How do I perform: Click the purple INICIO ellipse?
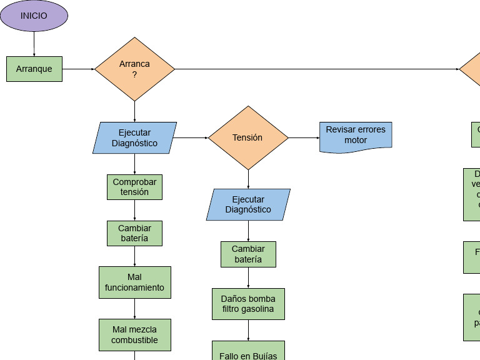pyautogui.click(x=34, y=16)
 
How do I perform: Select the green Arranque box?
pyautogui.click(x=34, y=69)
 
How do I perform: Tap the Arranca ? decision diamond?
pyautogui.click(x=134, y=69)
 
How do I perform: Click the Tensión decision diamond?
pyautogui.click(x=248, y=137)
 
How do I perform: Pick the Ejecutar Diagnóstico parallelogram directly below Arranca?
pyautogui.click(x=134, y=137)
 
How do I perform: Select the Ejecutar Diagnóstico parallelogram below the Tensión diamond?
pyautogui.click(x=248, y=204)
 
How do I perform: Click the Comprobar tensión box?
pyautogui.click(x=134, y=187)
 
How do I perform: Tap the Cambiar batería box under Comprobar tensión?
pyautogui.click(x=134, y=233)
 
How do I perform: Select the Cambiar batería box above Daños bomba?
pyautogui.click(x=248, y=254)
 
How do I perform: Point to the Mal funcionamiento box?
pyautogui.click(x=134, y=282)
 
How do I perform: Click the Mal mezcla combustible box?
pyautogui.click(x=134, y=334)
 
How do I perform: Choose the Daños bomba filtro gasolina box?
pyautogui.click(x=248, y=304)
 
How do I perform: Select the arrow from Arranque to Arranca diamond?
pyautogui.click(x=78, y=69)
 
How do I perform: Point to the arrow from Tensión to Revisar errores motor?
pyautogui.click(x=304, y=137)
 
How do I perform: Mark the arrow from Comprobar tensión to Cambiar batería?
pyautogui.click(x=134, y=210)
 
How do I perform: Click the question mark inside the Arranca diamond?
pyautogui.click(x=134, y=74)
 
